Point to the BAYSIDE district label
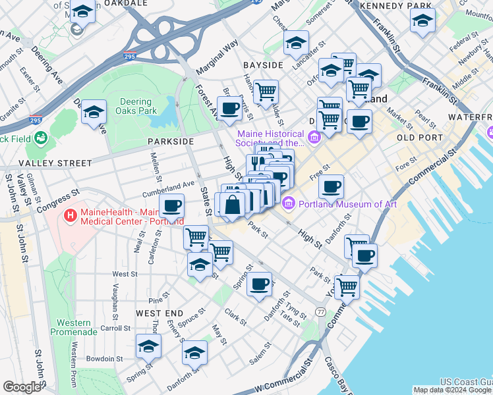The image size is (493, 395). tap(262, 65)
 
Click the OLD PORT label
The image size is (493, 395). tap(420, 137)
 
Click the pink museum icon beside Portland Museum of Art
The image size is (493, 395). tap(288, 204)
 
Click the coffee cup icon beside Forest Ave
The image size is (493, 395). tap(229, 109)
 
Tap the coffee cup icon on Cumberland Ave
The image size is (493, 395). tap(171, 206)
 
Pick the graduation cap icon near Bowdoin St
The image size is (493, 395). tap(148, 346)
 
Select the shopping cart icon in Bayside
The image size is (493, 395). tap(266, 92)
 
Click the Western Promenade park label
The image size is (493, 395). tap(74, 327)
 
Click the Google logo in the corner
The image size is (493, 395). tap(22, 387)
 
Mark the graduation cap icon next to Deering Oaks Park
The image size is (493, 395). tap(94, 111)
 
